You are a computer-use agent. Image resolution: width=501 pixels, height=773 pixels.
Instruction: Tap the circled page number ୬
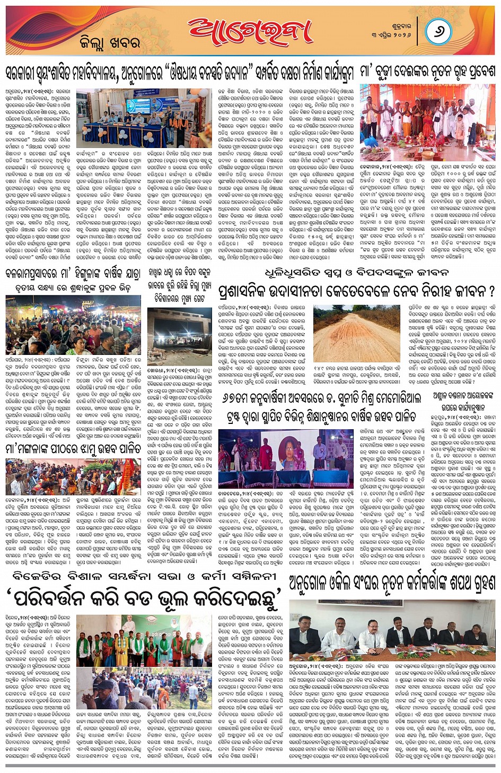tap(439, 31)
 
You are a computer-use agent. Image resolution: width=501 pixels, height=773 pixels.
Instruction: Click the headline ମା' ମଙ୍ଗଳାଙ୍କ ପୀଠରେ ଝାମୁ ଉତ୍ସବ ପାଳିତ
tap(73, 448)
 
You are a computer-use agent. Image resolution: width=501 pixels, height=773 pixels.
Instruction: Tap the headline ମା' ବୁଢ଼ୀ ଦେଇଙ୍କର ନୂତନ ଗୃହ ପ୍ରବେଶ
tap(428, 72)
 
